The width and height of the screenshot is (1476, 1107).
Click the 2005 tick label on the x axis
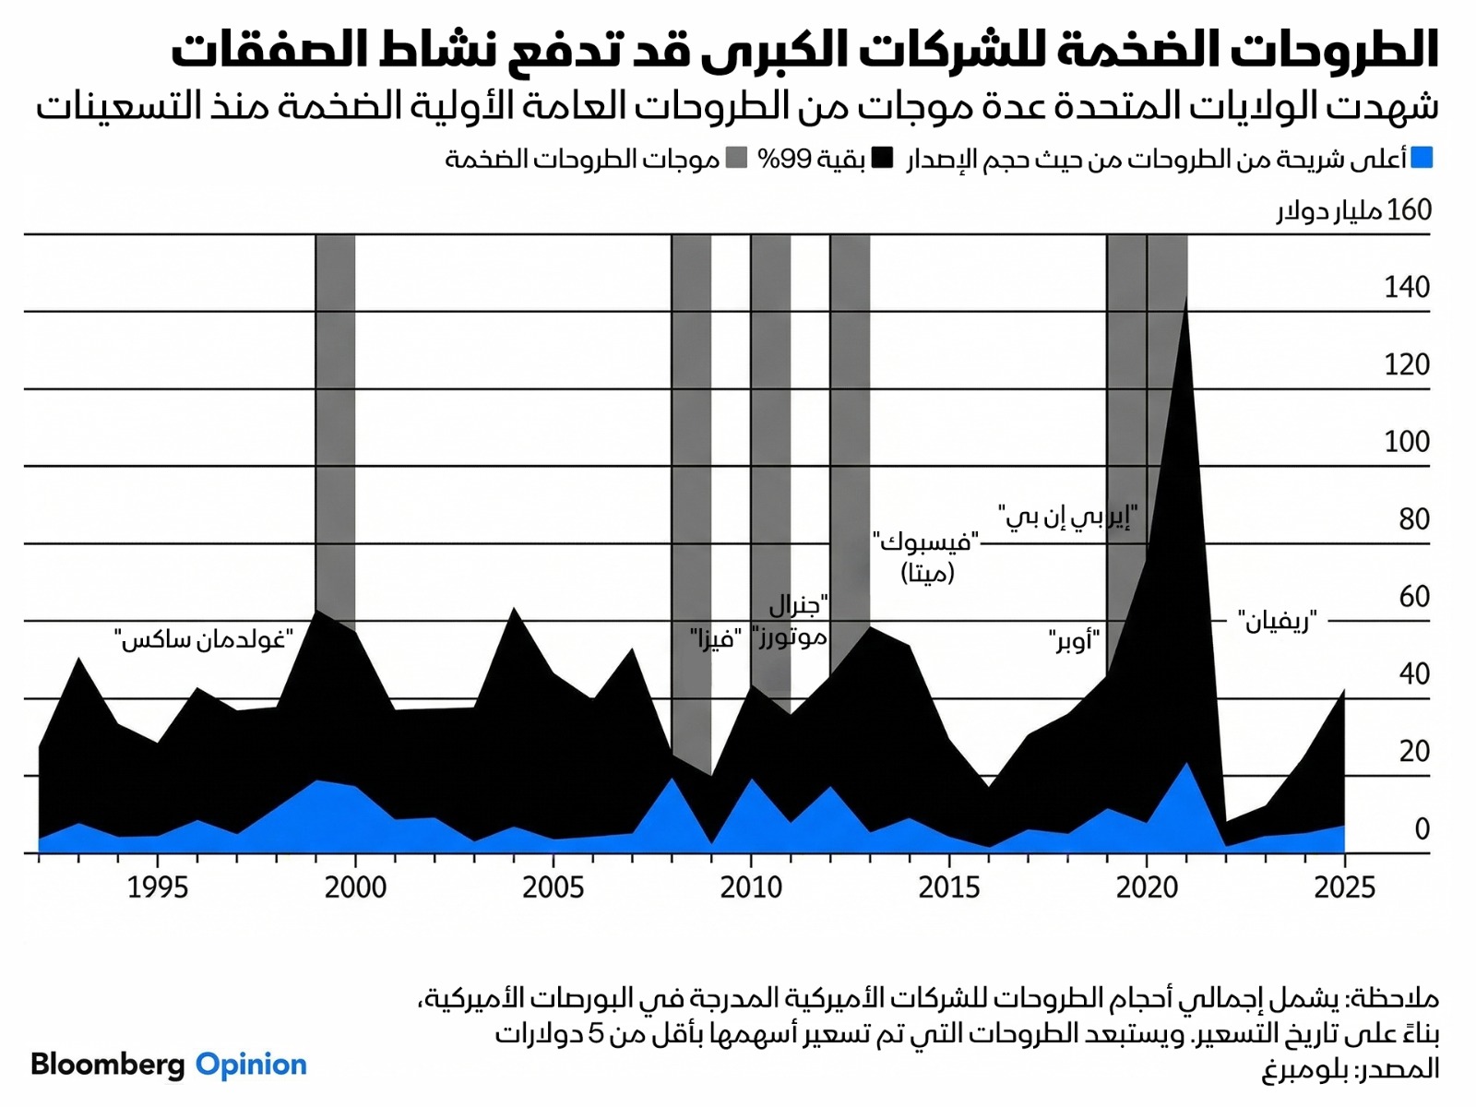point(553,887)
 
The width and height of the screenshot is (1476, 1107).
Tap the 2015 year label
point(948,887)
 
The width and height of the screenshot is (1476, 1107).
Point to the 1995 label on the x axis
point(158,887)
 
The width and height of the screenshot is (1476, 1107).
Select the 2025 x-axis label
point(1344,887)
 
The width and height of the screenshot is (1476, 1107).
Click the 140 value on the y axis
point(1407,288)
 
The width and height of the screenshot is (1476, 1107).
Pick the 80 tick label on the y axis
point(1414,519)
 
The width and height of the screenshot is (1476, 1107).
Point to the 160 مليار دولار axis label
point(1354,210)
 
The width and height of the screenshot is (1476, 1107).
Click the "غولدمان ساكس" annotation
point(204,638)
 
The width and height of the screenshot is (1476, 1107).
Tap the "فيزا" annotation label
point(716,637)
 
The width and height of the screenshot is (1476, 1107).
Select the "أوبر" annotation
point(1074,638)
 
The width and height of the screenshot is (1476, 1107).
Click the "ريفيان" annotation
point(1278,622)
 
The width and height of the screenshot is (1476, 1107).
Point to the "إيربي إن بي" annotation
point(1067,516)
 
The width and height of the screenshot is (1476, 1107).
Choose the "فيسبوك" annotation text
point(926,541)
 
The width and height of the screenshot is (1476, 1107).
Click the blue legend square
point(1422,159)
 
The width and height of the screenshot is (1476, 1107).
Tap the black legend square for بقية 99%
point(883,159)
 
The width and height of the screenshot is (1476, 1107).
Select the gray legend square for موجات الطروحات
point(736,159)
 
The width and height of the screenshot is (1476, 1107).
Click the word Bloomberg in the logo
point(108,1065)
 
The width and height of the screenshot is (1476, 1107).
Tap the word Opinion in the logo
point(251,1065)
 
